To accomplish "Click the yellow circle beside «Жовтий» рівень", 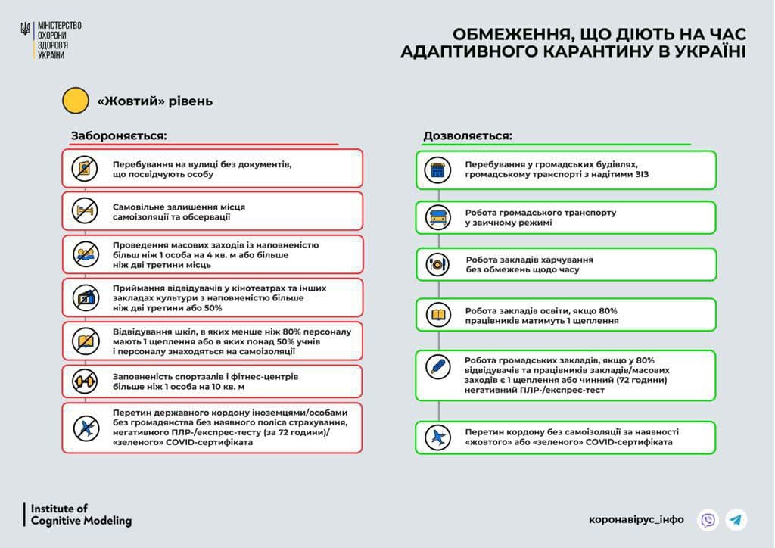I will point(76,101).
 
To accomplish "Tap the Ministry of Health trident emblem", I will point(26,30).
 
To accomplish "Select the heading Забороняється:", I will point(119,135).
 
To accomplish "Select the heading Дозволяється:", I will point(467,135).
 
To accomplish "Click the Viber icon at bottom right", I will point(708,520).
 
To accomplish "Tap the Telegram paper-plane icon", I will point(736,520).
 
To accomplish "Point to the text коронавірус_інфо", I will point(636,520).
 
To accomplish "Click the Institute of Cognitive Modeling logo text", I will point(81,515).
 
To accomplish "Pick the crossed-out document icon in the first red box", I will point(85,168).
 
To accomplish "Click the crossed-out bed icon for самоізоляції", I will point(85,211).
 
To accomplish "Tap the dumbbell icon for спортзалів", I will point(85,380).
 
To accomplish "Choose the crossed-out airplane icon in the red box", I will point(86,428).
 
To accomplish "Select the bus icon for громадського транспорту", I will point(438,218).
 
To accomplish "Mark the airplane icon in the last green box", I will point(438,437).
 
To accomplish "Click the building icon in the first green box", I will point(438,170).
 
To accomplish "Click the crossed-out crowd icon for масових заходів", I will point(85,254).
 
